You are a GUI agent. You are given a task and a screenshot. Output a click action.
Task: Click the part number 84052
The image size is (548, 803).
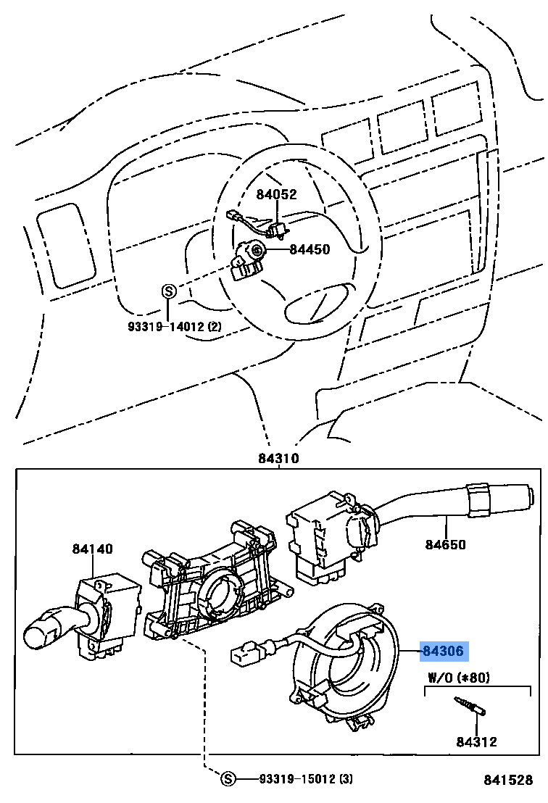(276, 194)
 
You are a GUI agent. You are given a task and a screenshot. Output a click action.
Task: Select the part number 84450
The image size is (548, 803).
(310, 250)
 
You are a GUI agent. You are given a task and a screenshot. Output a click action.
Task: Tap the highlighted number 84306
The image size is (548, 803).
(443, 652)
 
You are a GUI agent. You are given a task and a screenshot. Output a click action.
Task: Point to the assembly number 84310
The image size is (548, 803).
(278, 459)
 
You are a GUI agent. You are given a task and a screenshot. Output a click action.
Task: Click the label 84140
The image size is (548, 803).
(92, 549)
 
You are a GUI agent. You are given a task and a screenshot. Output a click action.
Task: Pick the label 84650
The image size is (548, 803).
(445, 544)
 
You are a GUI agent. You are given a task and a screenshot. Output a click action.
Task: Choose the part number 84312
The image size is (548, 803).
(476, 741)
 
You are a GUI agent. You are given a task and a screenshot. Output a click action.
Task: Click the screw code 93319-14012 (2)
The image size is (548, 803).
(175, 327)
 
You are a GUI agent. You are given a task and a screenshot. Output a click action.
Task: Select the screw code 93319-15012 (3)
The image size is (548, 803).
(305, 779)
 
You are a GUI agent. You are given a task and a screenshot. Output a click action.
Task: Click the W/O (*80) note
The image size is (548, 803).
(459, 678)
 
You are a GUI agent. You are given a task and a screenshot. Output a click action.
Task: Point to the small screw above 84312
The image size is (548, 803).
(468, 706)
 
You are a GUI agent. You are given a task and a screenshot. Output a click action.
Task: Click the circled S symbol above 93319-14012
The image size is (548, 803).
(167, 291)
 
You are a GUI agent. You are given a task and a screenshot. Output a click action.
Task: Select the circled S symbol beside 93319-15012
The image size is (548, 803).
(228, 779)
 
